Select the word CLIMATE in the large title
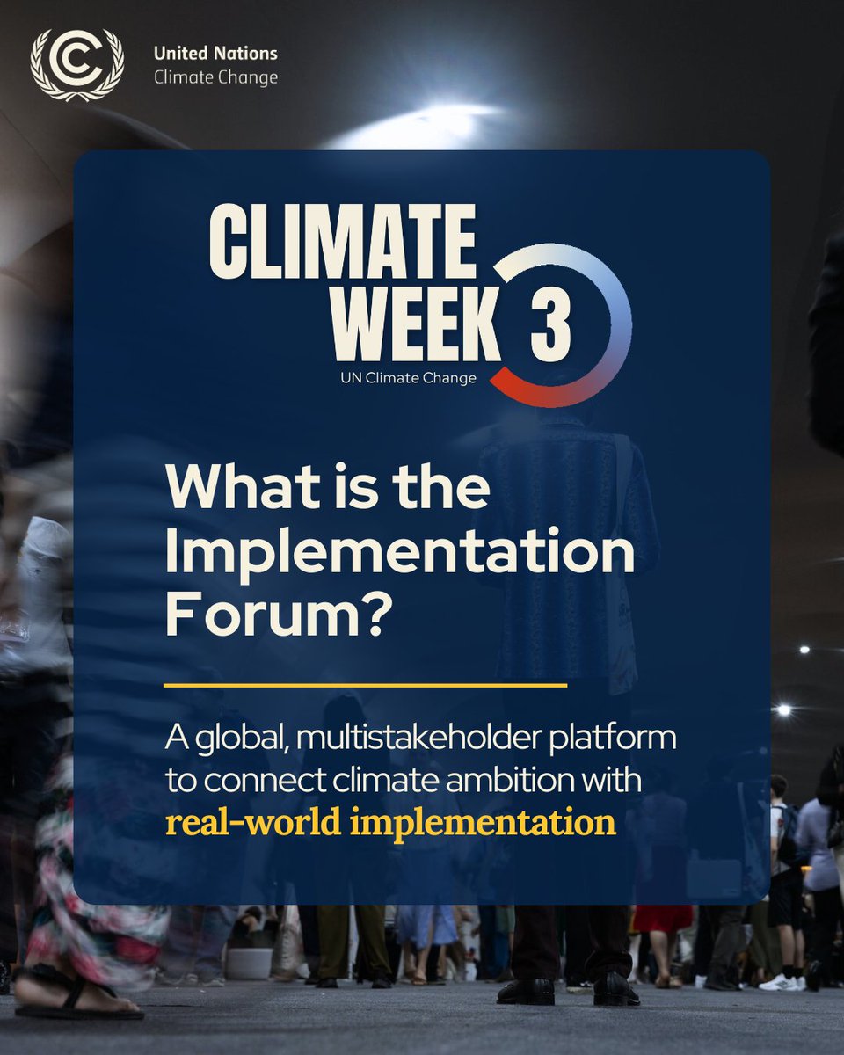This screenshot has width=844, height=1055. click(343, 241)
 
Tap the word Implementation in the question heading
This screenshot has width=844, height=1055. click(400, 552)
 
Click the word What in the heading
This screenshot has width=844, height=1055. click(229, 489)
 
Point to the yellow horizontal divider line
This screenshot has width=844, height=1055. click(366, 683)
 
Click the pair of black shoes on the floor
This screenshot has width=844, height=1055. click(568, 992)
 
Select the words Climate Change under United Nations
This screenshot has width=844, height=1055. click(215, 77)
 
